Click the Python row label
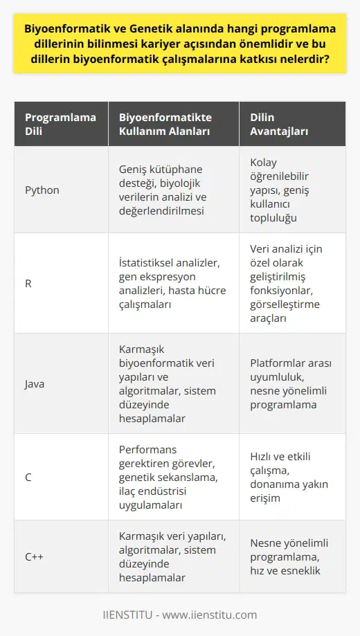coord(41,189)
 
